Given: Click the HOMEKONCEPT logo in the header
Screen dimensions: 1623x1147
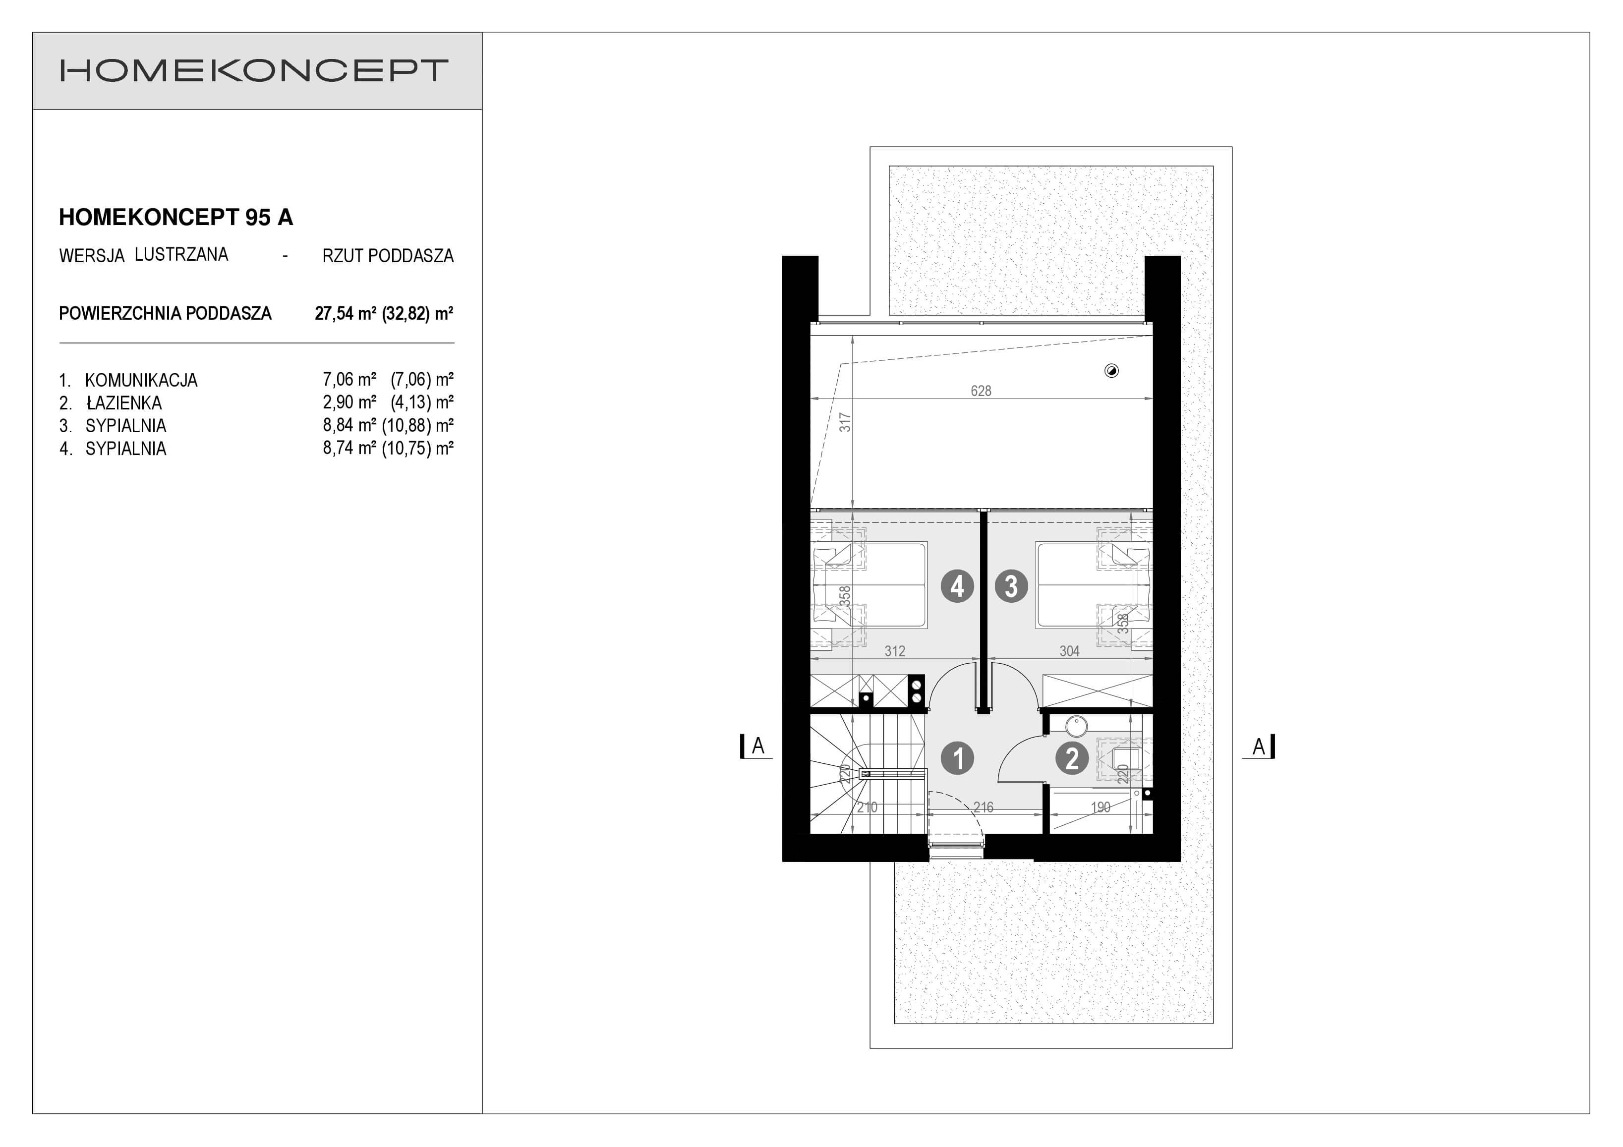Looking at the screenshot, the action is [x=254, y=71].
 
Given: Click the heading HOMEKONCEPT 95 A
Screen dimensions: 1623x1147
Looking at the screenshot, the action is [x=176, y=218].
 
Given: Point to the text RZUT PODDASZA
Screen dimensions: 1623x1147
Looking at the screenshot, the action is [x=388, y=256].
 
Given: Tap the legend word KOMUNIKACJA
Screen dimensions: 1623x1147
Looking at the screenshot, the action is [x=141, y=380].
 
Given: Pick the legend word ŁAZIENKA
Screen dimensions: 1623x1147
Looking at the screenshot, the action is [x=124, y=403].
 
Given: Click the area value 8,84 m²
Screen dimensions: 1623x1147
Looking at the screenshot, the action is [x=349, y=425].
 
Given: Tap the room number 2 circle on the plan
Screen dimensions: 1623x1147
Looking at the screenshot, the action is [x=1072, y=758].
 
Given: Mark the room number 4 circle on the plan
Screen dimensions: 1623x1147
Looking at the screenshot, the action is [x=957, y=586].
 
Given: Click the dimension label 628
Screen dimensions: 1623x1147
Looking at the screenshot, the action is [x=981, y=391].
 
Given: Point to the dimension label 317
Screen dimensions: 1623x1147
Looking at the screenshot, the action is [x=845, y=423].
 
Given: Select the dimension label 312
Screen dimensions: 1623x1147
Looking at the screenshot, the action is [x=895, y=651].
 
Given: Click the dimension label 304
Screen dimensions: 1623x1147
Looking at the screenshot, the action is [x=1069, y=651].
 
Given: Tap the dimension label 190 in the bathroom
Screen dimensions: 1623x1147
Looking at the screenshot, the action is [x=1101, y=807].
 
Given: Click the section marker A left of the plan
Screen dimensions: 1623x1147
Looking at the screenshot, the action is [x=757, y=746].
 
